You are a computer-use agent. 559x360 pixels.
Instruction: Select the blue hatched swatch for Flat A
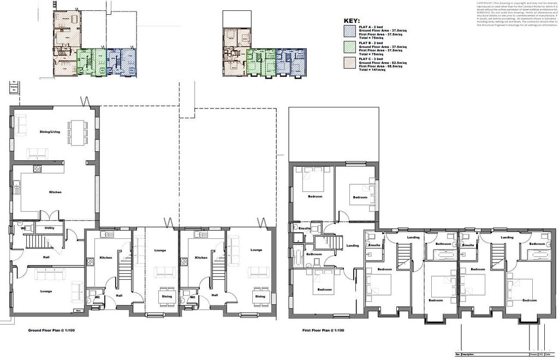349,31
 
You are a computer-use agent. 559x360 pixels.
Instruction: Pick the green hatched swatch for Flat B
349,46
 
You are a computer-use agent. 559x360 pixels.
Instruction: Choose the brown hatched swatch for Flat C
349,61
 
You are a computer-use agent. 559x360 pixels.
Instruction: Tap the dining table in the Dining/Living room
76,131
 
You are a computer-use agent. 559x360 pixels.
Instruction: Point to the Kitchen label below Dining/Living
55,192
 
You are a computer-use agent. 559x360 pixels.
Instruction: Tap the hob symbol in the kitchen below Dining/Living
38,168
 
